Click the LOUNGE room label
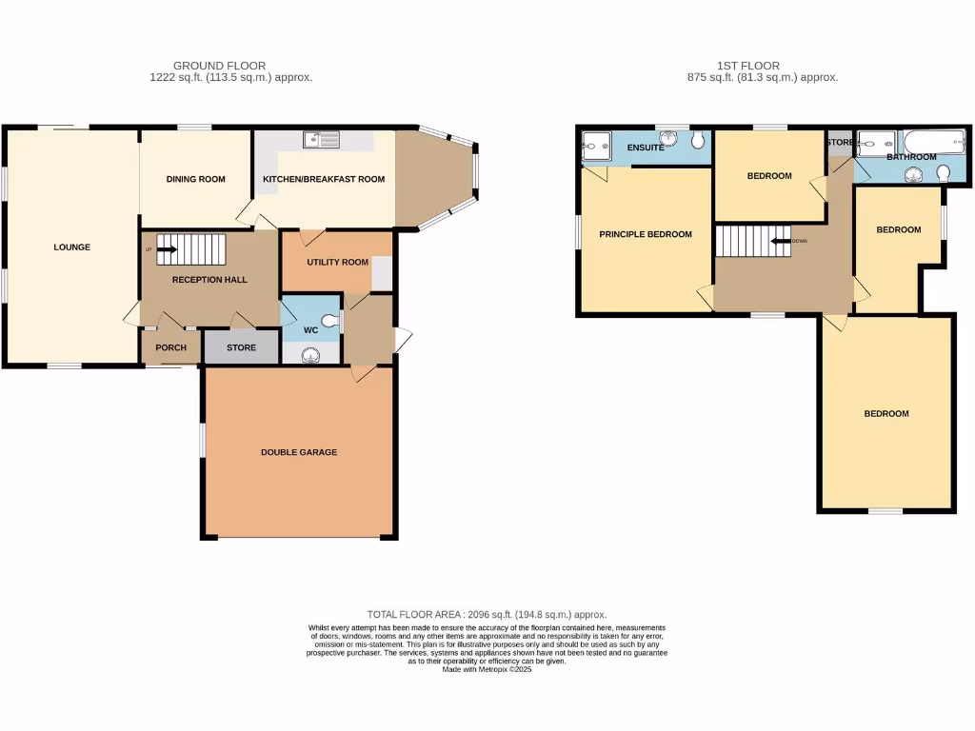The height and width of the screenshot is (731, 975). [x=71, y=247]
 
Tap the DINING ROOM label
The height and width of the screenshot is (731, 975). [x=195, y=179]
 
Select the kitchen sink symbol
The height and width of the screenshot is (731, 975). [x=322, y=141]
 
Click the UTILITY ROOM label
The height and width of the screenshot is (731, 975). [x=337, y=262]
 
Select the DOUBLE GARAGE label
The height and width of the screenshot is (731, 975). [x=299, y=452]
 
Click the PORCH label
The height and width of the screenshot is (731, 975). [x=170, y=347]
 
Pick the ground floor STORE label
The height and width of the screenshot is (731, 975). [x=241, y=347]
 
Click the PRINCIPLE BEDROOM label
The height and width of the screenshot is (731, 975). [x=645, y=234]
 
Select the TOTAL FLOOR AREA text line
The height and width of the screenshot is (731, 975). [x=487, y=615]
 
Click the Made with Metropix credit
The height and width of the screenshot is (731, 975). [x=487, y=669]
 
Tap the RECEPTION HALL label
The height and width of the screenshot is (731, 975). [x=209, y=280]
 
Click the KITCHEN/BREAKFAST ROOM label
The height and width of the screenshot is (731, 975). [x=324, y=179]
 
